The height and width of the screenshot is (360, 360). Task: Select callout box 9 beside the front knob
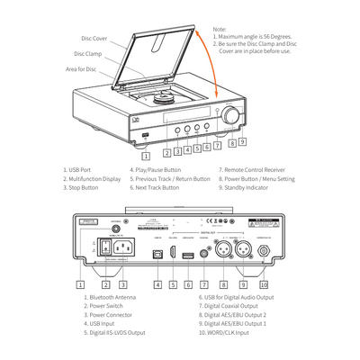(x=243, y=141)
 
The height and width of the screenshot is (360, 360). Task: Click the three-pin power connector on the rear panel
(x=124, y=246)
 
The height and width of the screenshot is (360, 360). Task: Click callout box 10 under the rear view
(x=264, y=284)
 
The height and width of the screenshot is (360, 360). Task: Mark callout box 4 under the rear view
(x=157, y=284)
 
